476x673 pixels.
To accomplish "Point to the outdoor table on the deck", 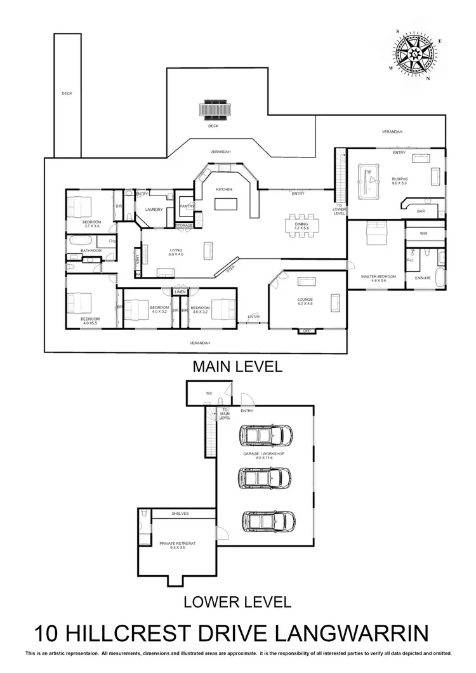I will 213,109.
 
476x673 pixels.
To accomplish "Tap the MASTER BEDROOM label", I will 378,277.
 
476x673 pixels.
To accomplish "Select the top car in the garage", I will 267,435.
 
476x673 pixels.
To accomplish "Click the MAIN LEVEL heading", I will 237,366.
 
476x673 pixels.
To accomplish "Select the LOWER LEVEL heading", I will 237,601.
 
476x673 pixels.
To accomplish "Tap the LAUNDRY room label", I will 154,210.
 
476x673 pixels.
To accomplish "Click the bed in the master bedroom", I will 376,237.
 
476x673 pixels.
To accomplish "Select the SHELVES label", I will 181,514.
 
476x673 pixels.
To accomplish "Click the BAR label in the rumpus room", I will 421,211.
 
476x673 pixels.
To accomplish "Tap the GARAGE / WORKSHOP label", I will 263,455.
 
